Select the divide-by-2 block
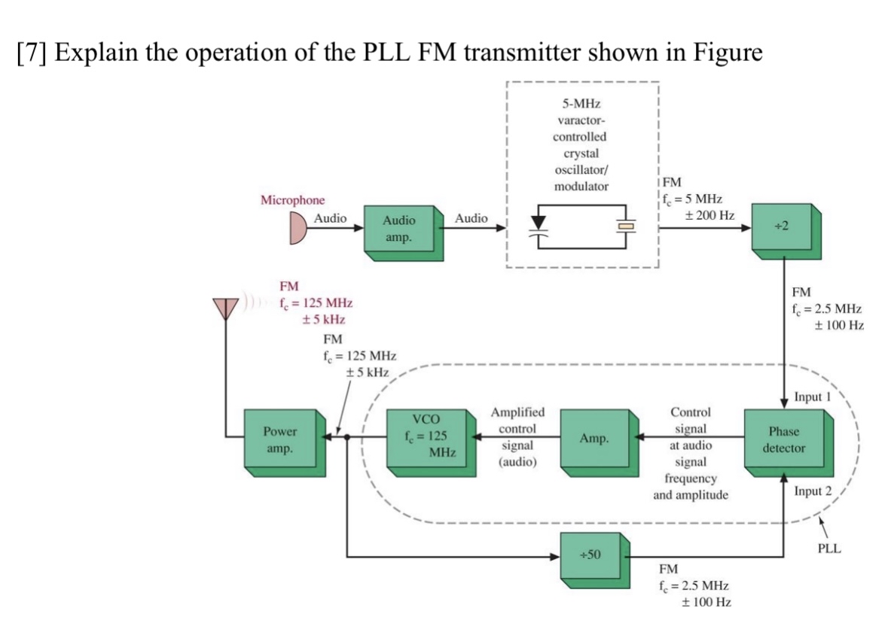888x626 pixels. point(785,227)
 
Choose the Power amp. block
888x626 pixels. point(280,439)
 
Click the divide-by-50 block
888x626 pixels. point(590,555)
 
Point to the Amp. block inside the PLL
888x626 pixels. point(594,439)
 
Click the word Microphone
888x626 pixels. point(293,200)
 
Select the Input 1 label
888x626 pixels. point(813,397)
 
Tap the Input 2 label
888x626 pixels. point(813,492)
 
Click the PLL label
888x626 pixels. point(830,549)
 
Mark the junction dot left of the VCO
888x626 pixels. point(346,436)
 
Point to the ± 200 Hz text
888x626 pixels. point(709,215)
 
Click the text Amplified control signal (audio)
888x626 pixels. point(517,437)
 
